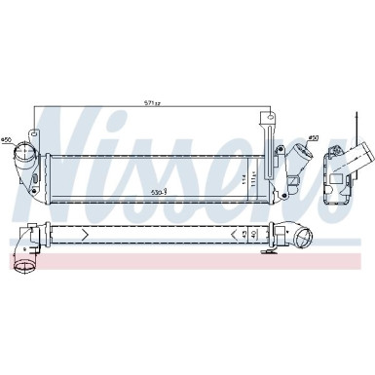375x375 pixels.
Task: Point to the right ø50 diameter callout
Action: (x=313, y=138)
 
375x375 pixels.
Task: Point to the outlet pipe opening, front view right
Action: (x=296, y=153)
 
